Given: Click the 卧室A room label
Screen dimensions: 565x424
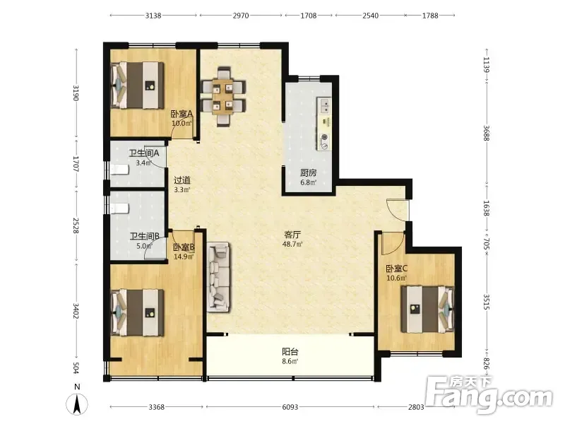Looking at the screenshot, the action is [182, 114].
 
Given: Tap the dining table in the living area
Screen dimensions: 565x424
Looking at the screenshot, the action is [224, 97].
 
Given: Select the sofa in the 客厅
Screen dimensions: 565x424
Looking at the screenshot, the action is [218, 277].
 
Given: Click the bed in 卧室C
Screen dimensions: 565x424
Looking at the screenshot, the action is [428, 310].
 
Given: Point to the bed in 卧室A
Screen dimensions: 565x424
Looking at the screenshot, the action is [137, 86].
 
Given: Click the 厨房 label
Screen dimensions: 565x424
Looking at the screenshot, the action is [309, 173].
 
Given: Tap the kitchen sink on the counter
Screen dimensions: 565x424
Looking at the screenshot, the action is [324, 105].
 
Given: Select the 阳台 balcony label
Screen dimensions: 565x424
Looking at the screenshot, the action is [290, 351].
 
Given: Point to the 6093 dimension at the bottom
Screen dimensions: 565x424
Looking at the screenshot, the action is [290, 407].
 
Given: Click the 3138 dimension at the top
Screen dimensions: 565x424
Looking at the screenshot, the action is [153, 16].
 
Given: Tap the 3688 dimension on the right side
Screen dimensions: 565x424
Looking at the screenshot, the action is [487, 133].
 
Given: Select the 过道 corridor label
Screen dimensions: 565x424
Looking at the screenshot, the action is [182, 179].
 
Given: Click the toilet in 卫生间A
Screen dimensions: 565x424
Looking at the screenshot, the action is [119, 170].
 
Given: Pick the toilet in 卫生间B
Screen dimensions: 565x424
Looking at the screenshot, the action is [119, 208].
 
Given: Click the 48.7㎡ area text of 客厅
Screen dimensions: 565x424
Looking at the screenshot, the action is [292, 244].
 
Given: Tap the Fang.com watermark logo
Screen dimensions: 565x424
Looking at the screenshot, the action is [489, 394].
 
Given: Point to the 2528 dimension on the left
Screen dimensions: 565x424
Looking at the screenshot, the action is [76, 225].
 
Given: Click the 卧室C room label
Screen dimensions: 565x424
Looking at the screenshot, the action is [396, 269].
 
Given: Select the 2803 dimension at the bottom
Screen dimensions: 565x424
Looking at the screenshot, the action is [416, 407].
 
